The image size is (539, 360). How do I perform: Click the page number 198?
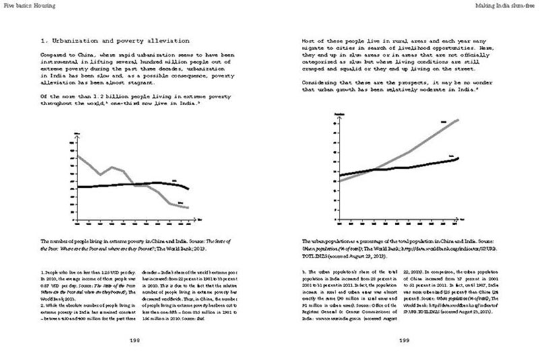[x=135, y=341]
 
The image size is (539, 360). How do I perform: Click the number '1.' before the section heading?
[x=44, y=41]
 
